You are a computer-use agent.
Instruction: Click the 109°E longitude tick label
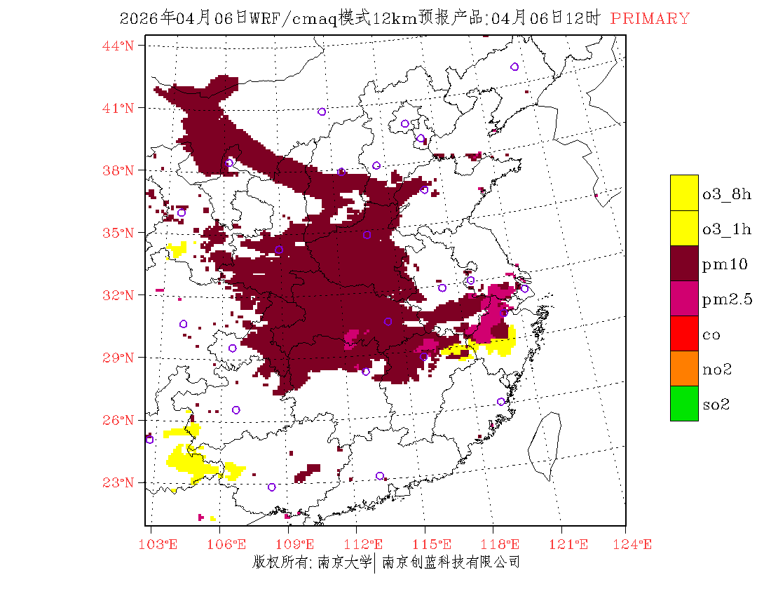(297, 544)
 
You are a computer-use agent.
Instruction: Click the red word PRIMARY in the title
(650, 19)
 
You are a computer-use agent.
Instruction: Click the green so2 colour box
(684, 403)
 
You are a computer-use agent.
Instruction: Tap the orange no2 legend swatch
(684, 368)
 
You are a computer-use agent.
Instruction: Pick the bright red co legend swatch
(684, 333)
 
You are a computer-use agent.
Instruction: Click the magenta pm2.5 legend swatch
(684, 298)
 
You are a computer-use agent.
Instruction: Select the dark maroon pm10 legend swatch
(684, 263)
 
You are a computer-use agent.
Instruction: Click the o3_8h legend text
(727, 194)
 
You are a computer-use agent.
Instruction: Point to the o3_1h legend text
(727, 229)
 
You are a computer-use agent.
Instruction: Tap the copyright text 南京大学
(343, 562)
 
